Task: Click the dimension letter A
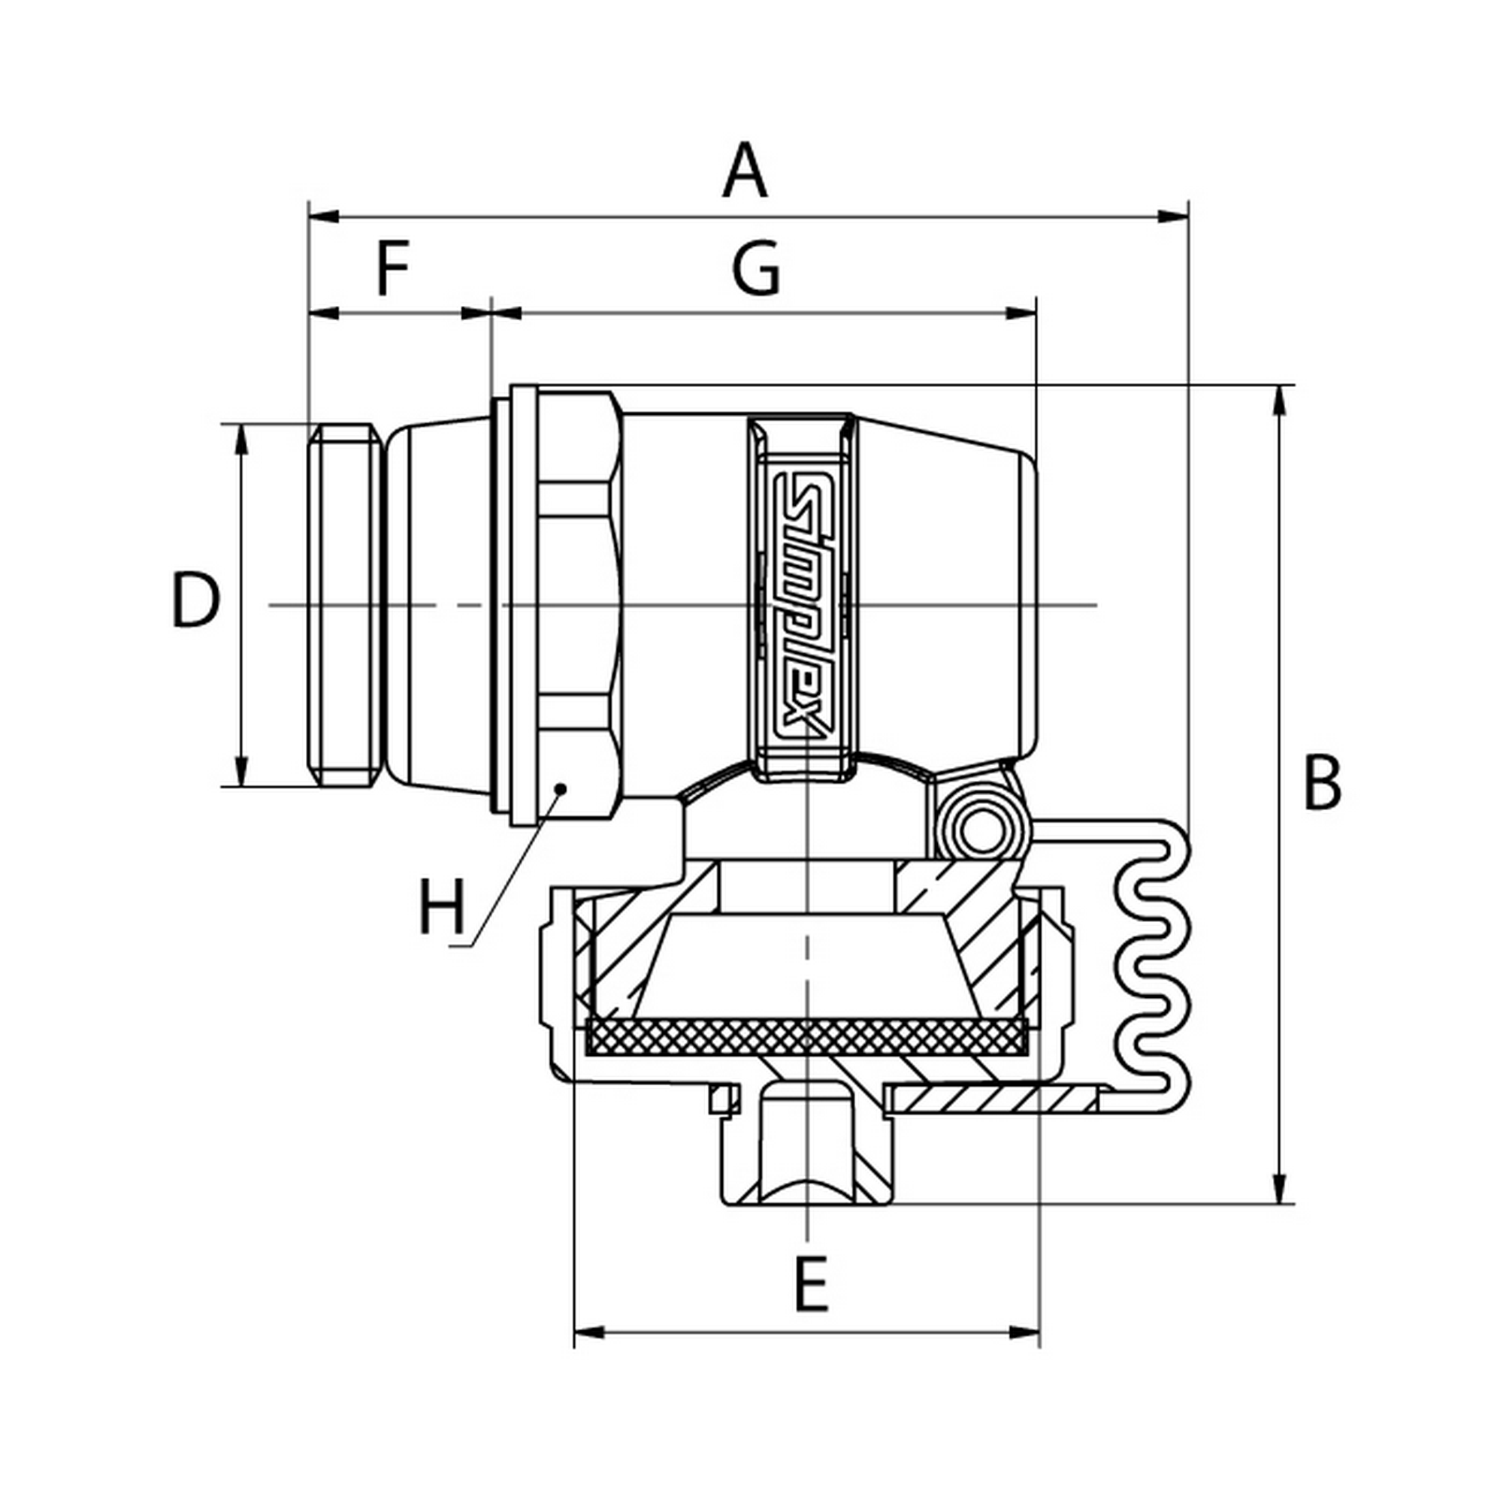coord(745,171)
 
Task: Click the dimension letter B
coord(1323,782)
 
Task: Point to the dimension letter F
coord(393,269)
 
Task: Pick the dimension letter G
coord(755,269)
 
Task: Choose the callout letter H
coord(442,907)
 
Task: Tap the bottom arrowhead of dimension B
coord(1278,1189)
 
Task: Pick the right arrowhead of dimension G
coord(1022,313)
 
